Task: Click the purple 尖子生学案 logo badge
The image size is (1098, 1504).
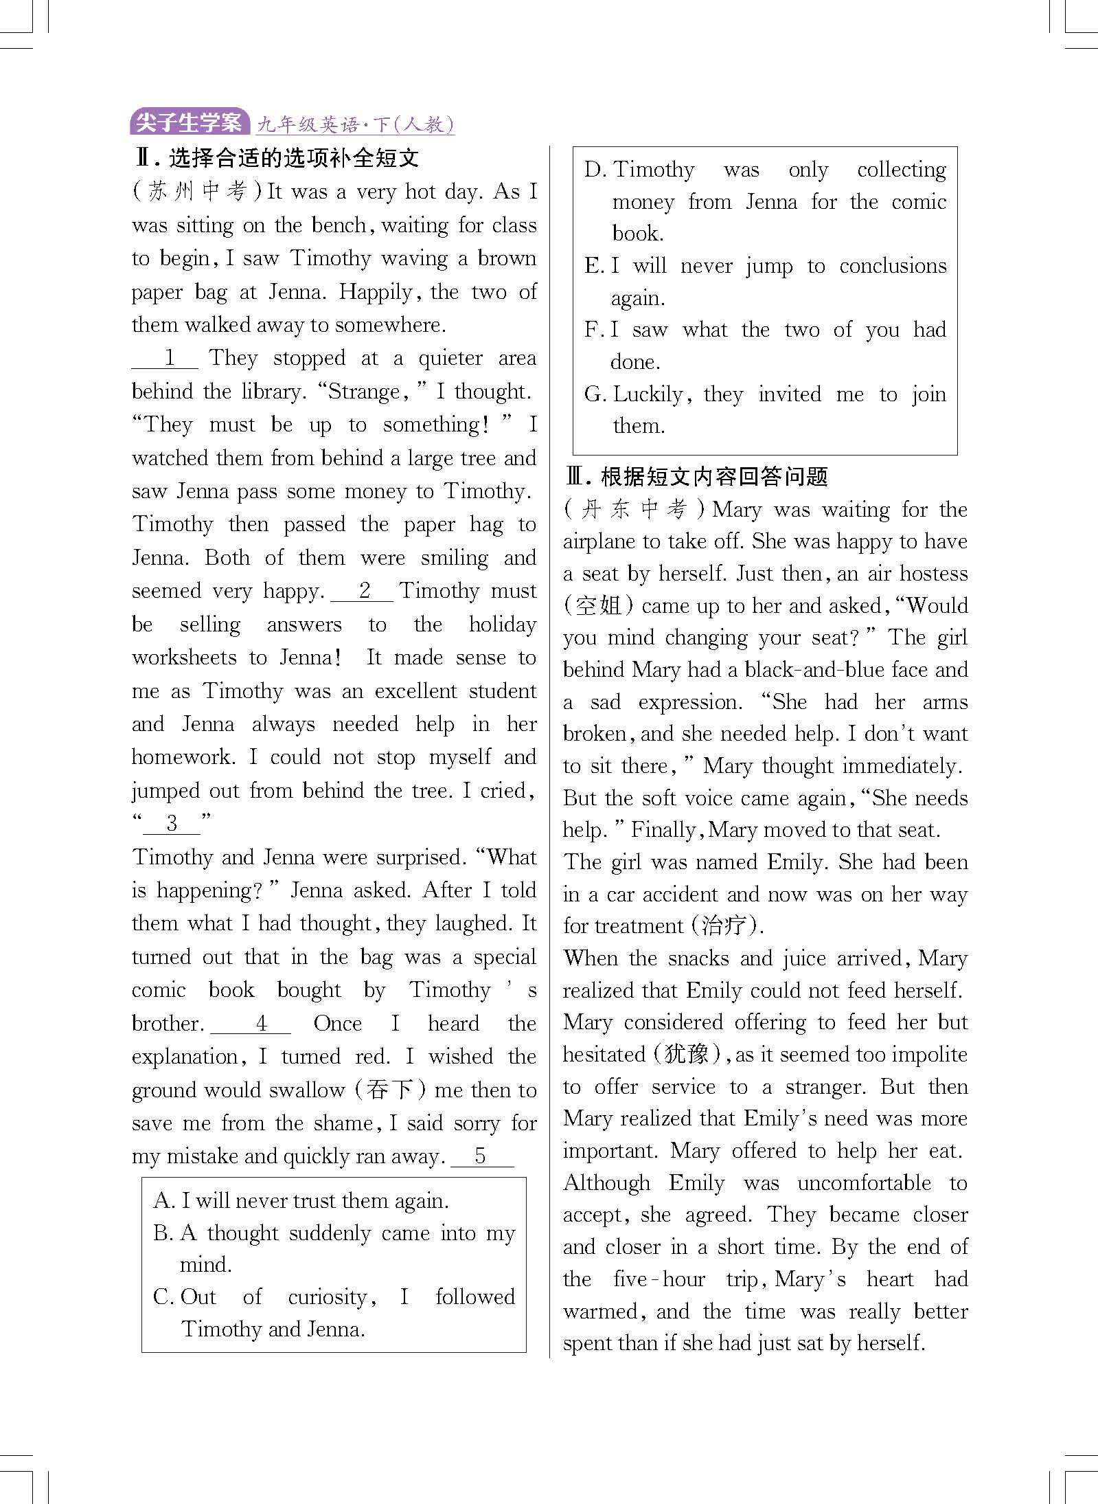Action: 189,123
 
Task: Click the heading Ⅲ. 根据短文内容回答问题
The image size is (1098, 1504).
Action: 696,476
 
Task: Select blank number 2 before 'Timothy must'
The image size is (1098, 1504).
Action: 363,591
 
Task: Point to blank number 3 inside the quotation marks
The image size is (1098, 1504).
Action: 172,823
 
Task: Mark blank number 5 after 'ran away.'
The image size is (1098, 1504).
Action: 481,1156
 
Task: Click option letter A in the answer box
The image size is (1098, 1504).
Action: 163,1201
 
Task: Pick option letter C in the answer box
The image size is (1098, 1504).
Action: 163,1297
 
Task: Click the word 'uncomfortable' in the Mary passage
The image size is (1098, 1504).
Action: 864,1183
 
